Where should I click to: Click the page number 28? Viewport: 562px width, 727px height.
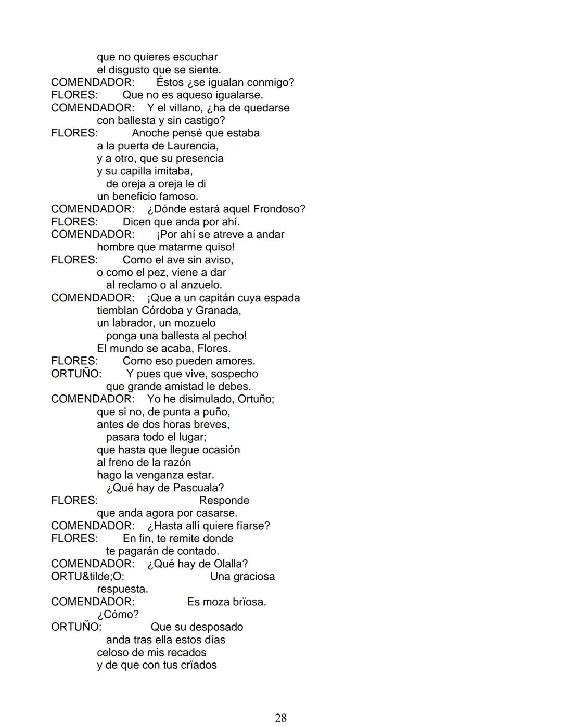point(280,718)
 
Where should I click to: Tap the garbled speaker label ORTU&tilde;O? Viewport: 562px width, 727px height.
point(87,577)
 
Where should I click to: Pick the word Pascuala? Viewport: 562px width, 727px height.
point(198,488)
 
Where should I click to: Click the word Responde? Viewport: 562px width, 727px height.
point(224,501)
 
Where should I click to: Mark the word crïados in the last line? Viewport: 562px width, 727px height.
point(198,665)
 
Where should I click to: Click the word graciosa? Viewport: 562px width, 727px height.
point(253,577)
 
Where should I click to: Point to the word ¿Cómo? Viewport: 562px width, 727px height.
point(118,615)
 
